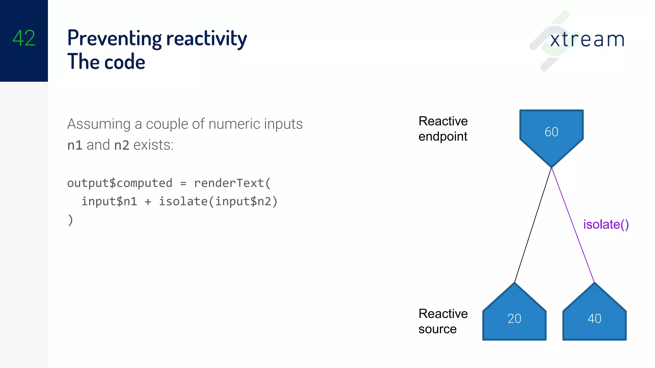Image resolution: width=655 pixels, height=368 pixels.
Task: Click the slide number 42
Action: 24,38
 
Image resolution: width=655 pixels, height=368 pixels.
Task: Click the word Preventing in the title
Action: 114,38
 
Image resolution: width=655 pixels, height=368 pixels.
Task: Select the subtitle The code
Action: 106,62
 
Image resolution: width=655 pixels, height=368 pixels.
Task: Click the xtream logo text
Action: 587,40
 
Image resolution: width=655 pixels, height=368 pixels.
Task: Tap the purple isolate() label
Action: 606,224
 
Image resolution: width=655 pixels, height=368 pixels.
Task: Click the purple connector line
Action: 572,225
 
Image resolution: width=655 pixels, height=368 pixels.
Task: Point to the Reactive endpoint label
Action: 443,129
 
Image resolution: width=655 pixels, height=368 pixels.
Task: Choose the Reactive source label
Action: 443,321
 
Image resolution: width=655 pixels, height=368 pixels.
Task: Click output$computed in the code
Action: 120,183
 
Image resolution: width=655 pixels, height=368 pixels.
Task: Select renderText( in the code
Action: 232,183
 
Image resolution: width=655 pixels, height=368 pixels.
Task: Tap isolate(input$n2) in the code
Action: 218,202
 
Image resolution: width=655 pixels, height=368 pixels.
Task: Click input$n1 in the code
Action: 109,202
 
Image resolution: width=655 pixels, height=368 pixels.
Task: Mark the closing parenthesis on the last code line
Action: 70,220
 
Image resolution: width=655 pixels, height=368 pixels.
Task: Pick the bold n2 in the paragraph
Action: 122,145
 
